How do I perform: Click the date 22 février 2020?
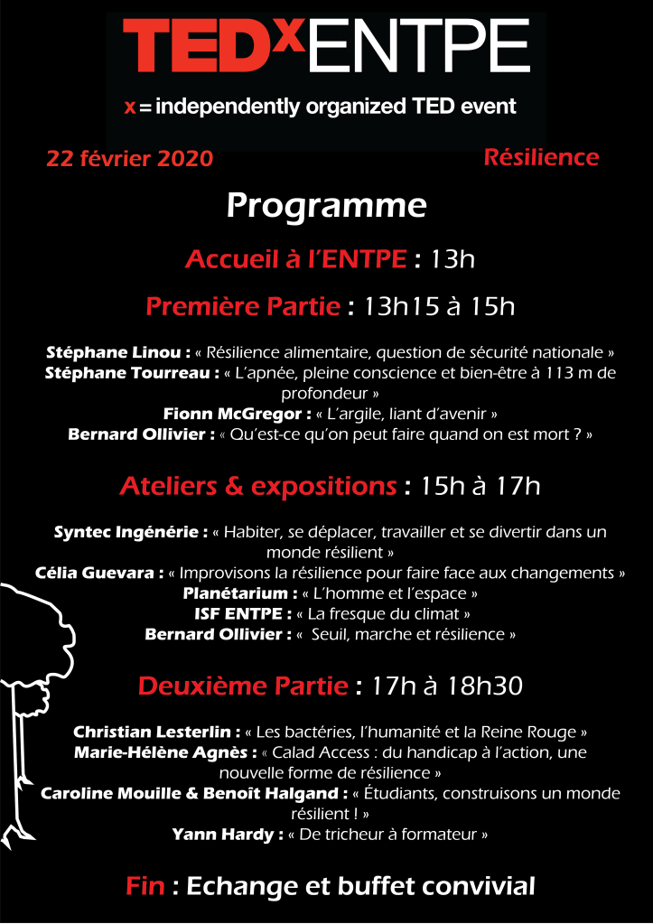click(130, 159)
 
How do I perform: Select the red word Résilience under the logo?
click(541, 157)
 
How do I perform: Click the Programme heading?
click(326, 206)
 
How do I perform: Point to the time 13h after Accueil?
click(453, 260)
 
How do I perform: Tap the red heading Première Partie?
click(243, 307)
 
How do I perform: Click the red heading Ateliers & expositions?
click(258, 487)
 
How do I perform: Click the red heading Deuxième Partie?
click(243, 686)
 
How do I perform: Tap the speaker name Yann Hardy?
click(227, 835)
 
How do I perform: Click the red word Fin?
click(145, 886)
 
